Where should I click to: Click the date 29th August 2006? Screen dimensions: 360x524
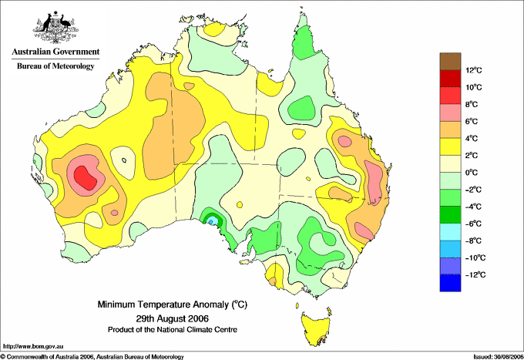pyautogui.click(x=172, y=318)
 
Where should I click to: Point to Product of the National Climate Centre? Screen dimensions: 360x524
pyautogui.click(x=172, y=329)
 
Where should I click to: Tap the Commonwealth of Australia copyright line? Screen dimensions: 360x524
pyautogui.click(x=92, y=356)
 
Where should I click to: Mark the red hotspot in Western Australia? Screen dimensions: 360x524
pyautogui.click(x=86, y=175)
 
